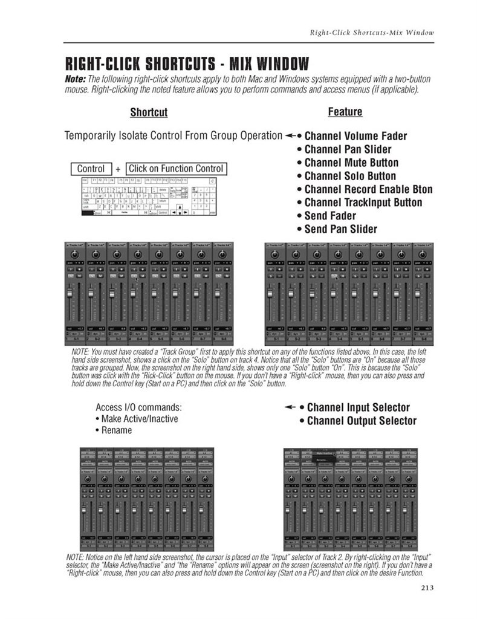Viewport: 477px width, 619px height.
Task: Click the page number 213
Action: coord(425,586)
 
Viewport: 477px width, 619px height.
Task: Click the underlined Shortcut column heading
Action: coord(149,112)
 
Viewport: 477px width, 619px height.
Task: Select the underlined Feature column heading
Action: coord(345,112)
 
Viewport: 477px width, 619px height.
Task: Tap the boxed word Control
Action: coord(91,169)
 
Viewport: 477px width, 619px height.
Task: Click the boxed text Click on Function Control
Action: coord(176,169)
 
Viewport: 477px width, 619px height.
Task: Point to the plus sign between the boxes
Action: coord(118,169)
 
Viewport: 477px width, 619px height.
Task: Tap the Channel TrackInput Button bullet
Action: coord(363,203)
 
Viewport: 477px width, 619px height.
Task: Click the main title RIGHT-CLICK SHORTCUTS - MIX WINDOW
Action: coord(187,63)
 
